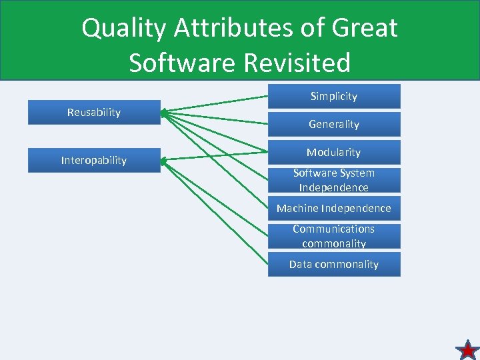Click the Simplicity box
tap(334, 97)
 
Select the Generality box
tap(334, 125)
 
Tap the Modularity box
tap(334, 153)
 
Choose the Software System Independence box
tap(334, 180)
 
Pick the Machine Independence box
tap(334, 209)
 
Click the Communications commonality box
tap(334, 236)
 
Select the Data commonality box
tap(334, 265)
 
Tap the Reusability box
tap(94, 113)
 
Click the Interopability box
tap(94, 161)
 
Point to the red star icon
tap(467, 349)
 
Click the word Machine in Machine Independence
tap(297, 209)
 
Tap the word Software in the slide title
tap(182, 63)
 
